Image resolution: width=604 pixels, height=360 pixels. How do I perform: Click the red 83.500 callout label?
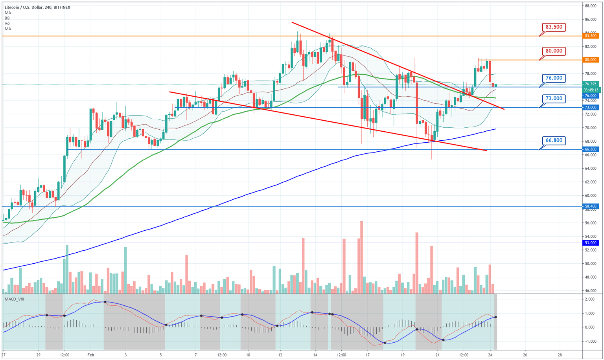click(554, 27)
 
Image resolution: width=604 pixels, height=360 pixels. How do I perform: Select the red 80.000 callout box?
click(554, 51)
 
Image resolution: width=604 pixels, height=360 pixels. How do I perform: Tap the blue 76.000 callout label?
click(554, 78)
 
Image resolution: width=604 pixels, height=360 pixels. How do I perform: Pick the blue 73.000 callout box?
click(554, 98)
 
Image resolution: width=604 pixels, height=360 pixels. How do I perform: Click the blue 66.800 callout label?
click(554, 140)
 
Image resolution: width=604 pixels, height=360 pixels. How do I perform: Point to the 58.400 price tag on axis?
click(591, 206)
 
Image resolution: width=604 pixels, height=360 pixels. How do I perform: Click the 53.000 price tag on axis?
click(591, 243)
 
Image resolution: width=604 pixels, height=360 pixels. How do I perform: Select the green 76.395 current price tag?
click(591, 84)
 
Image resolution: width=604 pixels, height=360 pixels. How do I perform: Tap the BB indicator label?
click(7, 18)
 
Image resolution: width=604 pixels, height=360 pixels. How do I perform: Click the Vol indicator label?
click(7, 24)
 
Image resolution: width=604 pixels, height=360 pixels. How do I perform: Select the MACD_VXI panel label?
click(14, 299)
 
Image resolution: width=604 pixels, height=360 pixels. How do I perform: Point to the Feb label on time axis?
click(90, 354)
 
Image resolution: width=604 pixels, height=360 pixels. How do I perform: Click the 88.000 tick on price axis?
click(591, 6)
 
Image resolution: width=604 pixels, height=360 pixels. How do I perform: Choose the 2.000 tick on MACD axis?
click(589, 299)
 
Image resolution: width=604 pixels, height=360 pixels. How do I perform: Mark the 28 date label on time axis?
click(559, 354)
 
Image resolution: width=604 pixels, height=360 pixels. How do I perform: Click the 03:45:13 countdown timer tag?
click(591, 90)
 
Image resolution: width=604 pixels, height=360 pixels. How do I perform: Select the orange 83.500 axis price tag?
click(591, 36)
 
